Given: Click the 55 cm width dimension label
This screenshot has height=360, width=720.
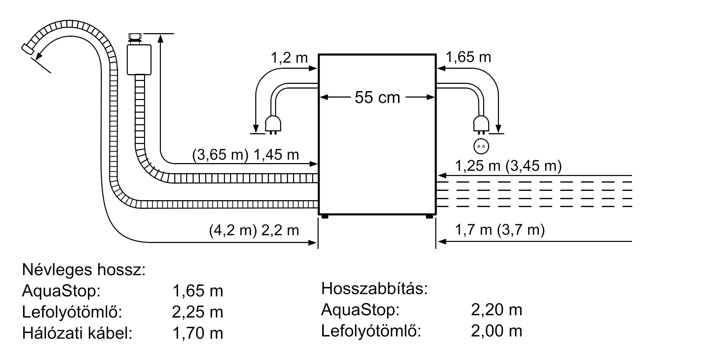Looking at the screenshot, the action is click(x=377, y=98).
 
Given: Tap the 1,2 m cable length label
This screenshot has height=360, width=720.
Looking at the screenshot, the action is click(x=289, y=58).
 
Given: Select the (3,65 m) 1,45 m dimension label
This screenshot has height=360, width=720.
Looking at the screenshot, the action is click(x=246, y=155).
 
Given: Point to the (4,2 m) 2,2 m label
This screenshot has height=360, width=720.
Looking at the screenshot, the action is click(x=254, y=230).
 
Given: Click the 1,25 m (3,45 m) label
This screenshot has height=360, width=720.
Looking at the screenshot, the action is click(x=508, y=166).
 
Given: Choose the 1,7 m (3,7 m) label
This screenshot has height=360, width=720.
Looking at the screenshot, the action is click(x=500, y=230).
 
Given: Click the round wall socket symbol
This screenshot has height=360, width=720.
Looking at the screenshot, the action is click(x=481, y=147).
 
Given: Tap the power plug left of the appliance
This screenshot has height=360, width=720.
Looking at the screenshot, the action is click(x=273, y=124).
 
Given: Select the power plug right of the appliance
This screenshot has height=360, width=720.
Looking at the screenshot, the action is click(x=481, y=124).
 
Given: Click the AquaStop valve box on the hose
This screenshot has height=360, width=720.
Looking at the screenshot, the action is click(x=139, y=59).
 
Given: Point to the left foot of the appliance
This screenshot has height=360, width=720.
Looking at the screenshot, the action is click(x=324, y=216).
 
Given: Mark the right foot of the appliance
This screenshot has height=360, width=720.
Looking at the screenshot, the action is click(x=429, y=216).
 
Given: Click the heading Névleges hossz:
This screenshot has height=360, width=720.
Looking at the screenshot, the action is click(x=84, y=270).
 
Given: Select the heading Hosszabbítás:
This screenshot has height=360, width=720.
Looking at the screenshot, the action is click(x=374, y=289).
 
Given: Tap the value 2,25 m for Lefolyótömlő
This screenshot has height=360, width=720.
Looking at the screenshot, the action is click(x=197, y=312).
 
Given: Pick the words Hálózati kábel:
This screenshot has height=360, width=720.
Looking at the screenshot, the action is click(x=77, y=333).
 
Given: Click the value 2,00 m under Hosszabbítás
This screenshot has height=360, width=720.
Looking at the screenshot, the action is click(x=496, y=331).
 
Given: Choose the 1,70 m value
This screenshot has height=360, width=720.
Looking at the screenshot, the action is click(x=198, y=333).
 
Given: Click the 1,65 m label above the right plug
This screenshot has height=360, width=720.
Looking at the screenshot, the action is click(x=468, y=57).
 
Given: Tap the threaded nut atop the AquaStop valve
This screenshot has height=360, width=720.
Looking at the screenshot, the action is click(x=135, y=37).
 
